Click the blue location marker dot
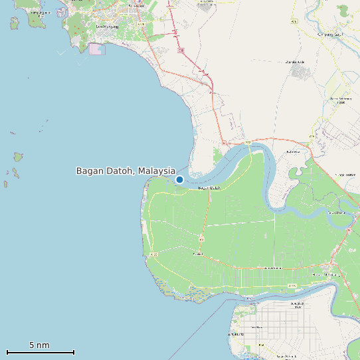(x=179, y=179)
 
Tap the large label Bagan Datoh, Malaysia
(x=126, y=171)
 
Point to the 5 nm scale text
(x=39, y=345)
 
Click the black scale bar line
(x=41, y=352)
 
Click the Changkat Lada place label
(x=295, y=62)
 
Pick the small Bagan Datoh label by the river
(x=209, y=189)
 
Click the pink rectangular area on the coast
(x=97, y=49)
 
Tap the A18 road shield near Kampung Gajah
(x=294, y=21)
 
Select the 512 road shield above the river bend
(x=247, y=142)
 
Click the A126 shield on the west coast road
(x=154, y=254)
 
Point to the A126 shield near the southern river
(x=292, y=286)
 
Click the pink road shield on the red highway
(x=181, y=50)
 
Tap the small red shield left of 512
(x=225, y=142)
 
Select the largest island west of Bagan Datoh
(x=18, y=157)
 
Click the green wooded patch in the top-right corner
(x=343, y=11)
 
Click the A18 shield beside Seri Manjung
(x=141, y=24)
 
